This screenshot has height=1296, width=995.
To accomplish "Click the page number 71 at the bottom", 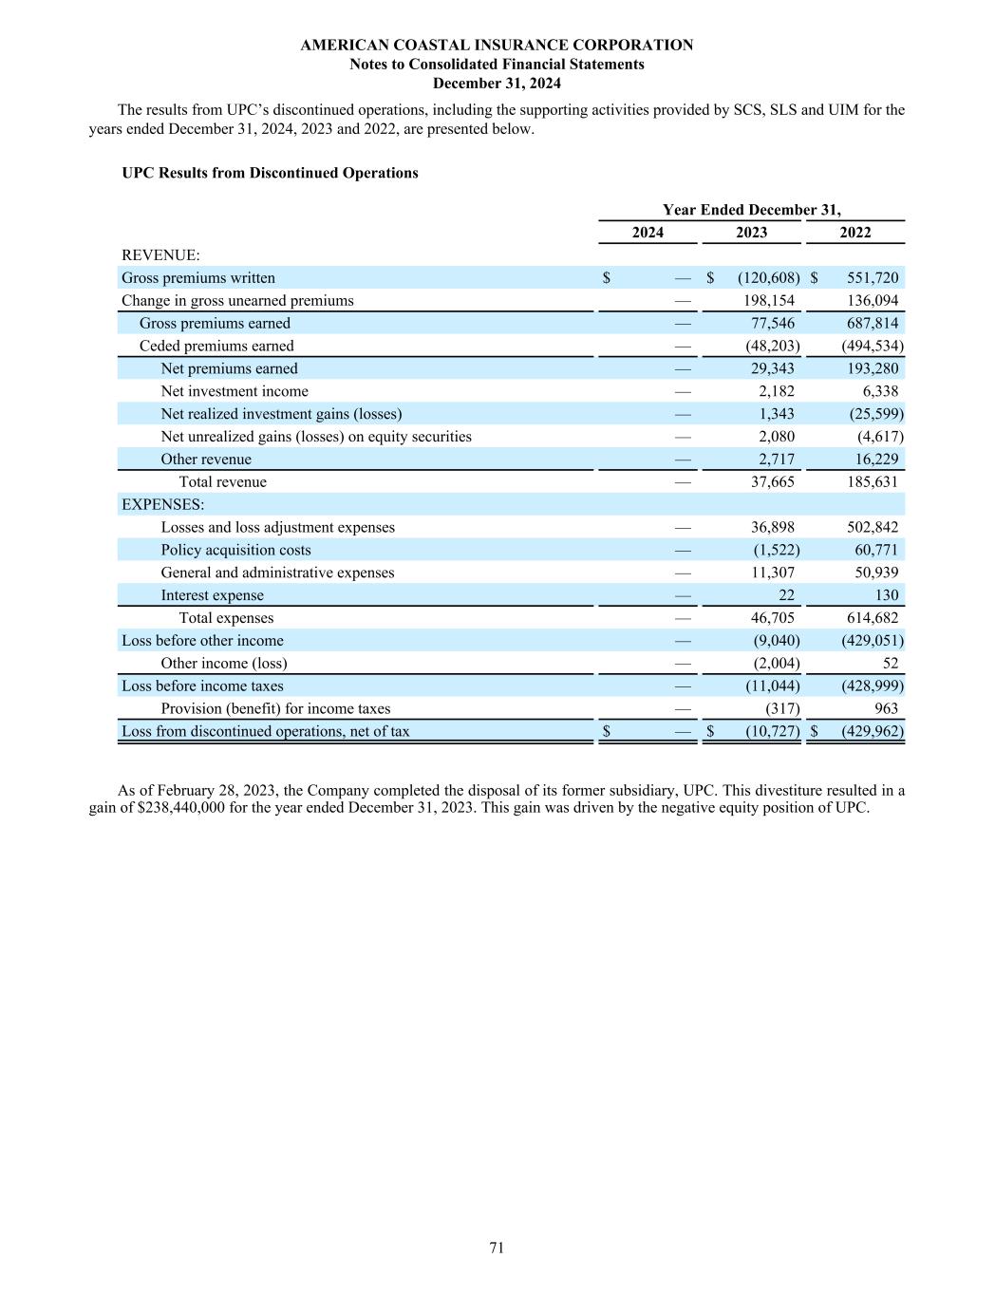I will click(497, 1248).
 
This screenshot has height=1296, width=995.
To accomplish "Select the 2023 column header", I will click(751, 233).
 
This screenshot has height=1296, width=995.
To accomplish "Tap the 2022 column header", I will click(854, 233).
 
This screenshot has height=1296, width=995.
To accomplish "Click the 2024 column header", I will click(648, 233).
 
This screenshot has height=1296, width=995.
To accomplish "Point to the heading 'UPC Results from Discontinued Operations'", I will click(270, 173).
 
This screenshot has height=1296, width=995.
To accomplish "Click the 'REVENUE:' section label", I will click(160, 255).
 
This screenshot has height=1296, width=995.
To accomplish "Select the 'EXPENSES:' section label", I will click(162, 504).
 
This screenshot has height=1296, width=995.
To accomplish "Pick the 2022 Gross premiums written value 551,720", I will click(872, 278).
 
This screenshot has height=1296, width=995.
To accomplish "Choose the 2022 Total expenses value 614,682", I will click(872, 618).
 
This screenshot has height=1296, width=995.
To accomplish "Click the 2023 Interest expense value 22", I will click(786, 595).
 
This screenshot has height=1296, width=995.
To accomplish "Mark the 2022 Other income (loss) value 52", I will click(889, 664).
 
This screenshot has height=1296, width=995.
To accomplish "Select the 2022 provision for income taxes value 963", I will click(884, 709).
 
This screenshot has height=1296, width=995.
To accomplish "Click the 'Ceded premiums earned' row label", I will click(216, 346).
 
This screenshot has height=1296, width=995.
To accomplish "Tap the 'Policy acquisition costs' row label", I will click(235, 551).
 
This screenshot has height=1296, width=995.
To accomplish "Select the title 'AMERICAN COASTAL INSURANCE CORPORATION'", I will click(497, 45).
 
